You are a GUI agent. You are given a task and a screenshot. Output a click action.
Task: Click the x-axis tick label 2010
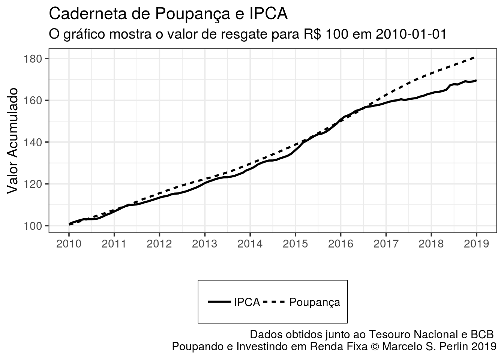point(69,244)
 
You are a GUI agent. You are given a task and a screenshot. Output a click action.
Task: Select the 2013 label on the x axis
point(205,244)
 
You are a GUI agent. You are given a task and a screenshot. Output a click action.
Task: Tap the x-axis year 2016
point(340,244)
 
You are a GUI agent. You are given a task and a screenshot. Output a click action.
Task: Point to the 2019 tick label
point(476,244)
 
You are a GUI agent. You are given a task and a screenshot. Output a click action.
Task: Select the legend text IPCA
point(247,302)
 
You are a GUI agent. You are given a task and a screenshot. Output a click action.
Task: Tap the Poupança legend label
point(315,302)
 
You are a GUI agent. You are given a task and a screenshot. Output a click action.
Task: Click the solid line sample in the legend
point(219,301)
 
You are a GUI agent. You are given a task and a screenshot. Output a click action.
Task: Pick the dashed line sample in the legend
point(274,301)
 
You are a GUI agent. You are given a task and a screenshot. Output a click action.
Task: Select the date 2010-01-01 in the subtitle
point(411,34)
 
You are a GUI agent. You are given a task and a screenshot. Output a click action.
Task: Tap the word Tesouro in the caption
point(387,334)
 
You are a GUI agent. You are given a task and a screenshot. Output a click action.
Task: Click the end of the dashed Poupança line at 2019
point(476,57)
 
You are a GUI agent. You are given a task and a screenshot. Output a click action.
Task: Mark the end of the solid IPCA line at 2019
point(476,80)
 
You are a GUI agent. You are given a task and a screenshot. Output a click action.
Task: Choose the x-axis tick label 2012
point(159,244)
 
